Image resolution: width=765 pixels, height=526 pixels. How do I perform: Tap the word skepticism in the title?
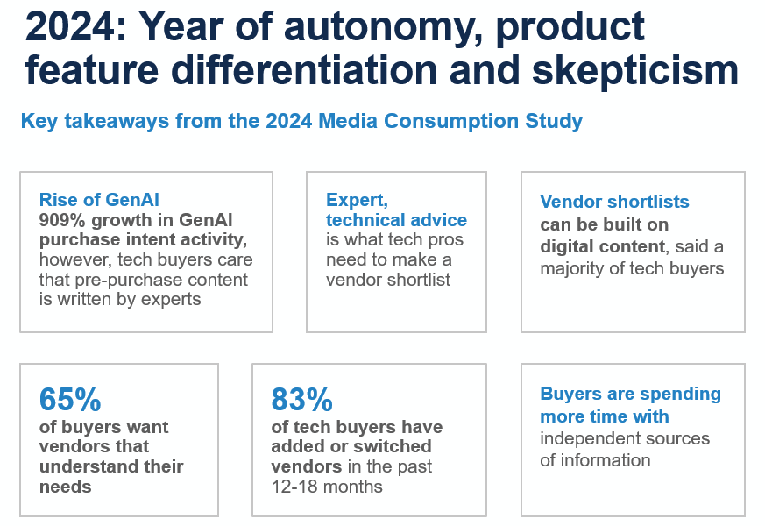[x=635, y=71]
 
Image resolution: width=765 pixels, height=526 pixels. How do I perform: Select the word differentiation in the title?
[x=304, y=69]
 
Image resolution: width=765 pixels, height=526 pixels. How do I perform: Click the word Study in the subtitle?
[x=554, y=122]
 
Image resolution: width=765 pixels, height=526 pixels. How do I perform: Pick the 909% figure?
[x=62, y=220]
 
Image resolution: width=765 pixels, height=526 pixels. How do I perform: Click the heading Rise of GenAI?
[x=99, y=200]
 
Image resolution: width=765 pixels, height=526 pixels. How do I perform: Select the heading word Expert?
[x=357, y=200]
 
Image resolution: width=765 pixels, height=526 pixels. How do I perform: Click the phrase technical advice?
[x=396, y=220]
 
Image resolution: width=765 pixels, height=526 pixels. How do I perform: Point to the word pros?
[x=445, y=240]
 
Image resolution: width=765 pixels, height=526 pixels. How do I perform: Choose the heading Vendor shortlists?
[x=614, y=202]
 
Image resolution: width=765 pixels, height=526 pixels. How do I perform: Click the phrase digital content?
[x=602, y=247]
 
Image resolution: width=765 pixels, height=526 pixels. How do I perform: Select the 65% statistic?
[x=70, y=399]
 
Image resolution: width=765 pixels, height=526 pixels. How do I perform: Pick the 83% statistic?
[x=301, y=399]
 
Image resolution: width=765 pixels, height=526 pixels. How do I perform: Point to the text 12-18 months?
[x=327, y=487]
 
